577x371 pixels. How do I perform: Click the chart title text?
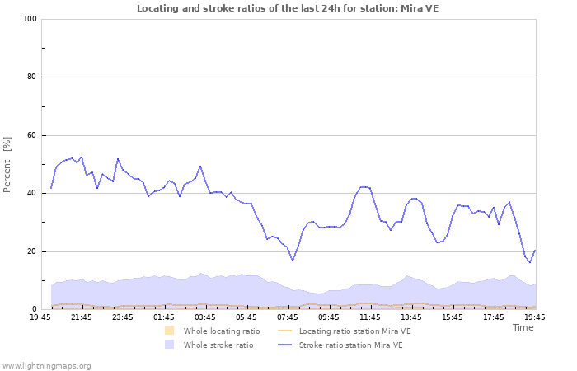288,8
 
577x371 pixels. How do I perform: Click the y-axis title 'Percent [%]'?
7,164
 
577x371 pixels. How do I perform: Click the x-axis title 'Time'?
523,327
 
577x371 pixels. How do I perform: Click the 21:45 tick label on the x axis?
82,317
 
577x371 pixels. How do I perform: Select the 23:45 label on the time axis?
123,317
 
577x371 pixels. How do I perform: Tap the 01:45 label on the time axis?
164,317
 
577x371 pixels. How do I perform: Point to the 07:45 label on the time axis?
288,317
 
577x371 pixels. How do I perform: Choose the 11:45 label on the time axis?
370,317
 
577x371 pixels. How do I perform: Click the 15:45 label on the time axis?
453,317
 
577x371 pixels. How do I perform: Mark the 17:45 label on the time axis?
494,317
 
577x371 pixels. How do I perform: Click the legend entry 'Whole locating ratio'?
221,331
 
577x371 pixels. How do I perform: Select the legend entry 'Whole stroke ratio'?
218,345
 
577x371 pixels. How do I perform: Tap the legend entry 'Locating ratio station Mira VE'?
354,331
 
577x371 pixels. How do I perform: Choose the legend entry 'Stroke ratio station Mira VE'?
350,345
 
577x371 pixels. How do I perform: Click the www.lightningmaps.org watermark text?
46,365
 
